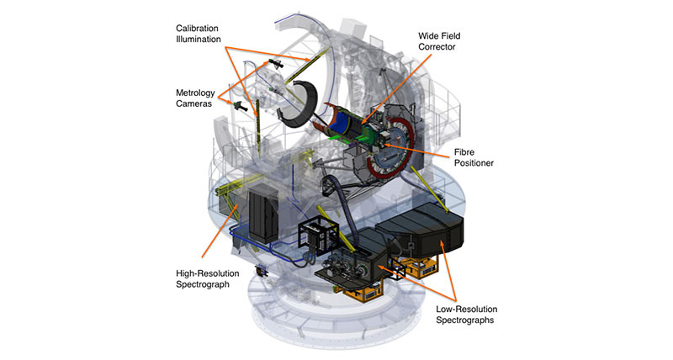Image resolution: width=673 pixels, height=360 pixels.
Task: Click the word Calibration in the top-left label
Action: coord(197,29)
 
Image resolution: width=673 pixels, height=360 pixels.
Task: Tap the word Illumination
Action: coord(199,39)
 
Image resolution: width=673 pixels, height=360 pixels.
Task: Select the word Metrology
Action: coord(195,93)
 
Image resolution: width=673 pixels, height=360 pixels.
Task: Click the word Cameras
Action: coord(193,103)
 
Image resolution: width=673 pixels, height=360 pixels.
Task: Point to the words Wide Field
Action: coord(439,36)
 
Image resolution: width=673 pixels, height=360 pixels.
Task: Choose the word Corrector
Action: coord(437,47)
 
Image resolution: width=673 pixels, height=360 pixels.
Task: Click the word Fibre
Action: coord(464,152)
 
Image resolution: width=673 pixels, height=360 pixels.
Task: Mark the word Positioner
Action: coord(474,163)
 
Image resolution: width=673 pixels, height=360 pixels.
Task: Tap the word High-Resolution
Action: coord(207,273)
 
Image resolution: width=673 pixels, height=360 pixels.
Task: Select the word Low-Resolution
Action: coord(467,309)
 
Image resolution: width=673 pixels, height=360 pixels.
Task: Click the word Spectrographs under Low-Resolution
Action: coord(465,320)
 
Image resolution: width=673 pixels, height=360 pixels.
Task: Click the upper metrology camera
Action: coord(275,64)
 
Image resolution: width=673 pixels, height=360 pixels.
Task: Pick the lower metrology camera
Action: coord(240,107)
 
